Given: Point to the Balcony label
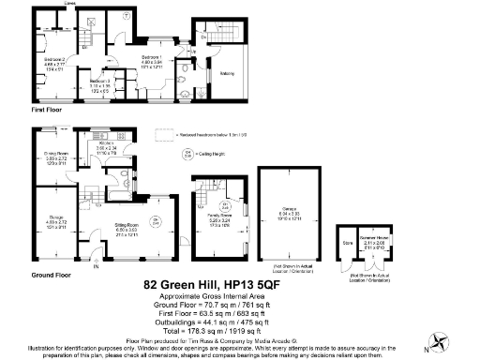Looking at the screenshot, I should (x=226, y=71).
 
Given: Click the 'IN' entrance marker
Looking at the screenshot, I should (x=95, y=266).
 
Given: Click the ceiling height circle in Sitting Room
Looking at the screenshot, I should (x=157, y=221).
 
